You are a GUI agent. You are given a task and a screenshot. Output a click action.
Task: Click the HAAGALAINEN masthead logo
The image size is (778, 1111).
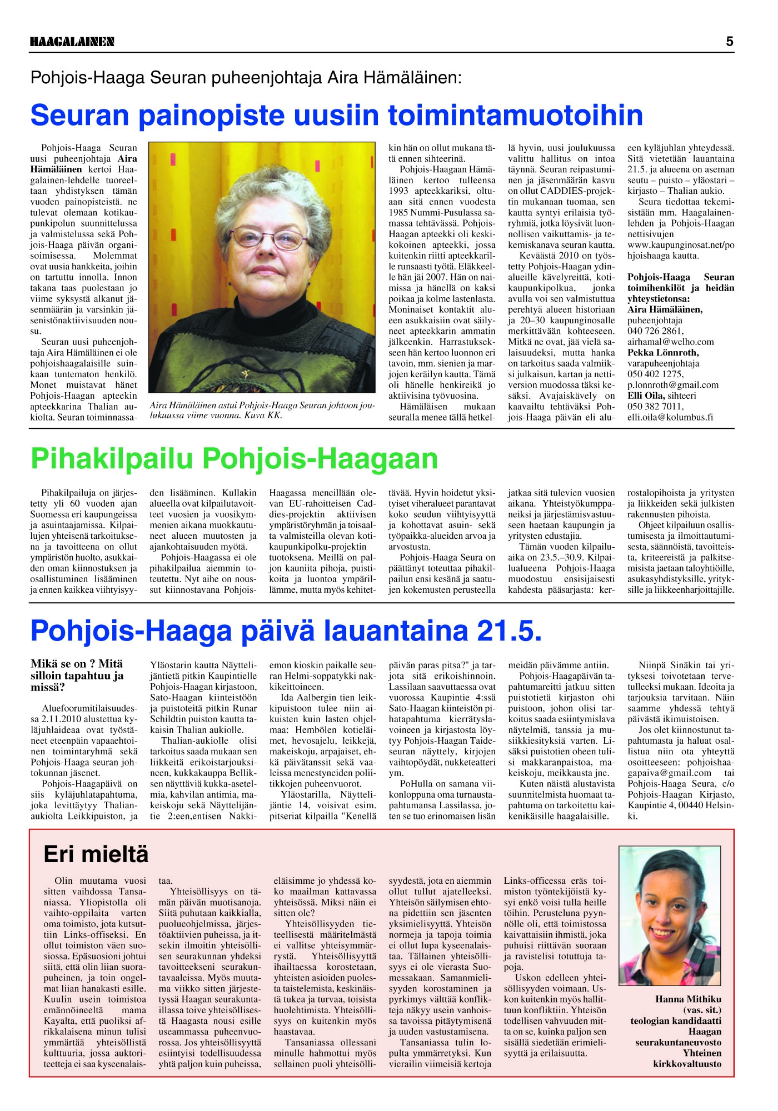pyautogui.click(x=72, y=42)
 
